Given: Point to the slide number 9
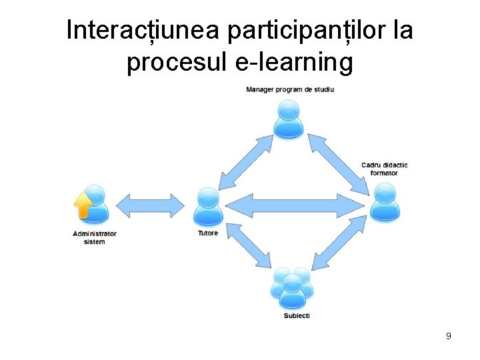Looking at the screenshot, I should [x=449, y=336].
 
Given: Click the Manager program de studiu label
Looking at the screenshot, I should [x=290, y=90].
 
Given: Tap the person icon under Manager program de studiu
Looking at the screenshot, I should [x=289, y=120].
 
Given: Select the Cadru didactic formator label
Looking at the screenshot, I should [x=384, y=169].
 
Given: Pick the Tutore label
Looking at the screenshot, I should [x=207, y=233].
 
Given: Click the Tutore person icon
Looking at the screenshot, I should [x=208, y=207].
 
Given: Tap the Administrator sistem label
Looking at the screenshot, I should [x=94, y=237].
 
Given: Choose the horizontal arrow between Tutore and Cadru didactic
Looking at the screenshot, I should [x=299, y=204].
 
